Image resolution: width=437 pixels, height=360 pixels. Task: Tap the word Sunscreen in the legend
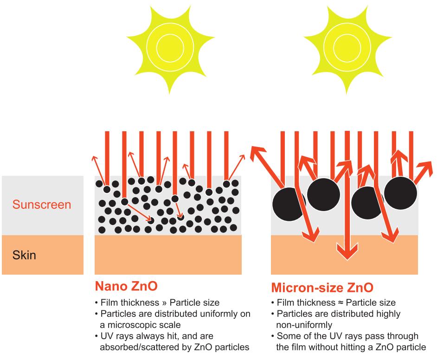tap(42, 205)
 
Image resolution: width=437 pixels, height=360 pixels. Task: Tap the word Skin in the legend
tap(24, 255)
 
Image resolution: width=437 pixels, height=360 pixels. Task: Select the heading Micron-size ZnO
tap(322, 288)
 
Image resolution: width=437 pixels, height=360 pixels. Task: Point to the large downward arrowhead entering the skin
tap(344, 253)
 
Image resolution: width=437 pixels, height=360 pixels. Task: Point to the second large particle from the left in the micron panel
tap(324, 192)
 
